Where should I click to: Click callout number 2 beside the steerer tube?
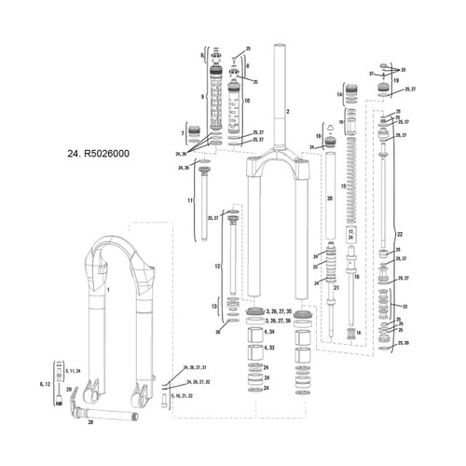[x=289, y=111]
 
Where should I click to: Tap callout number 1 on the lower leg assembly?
[x=109, y=291]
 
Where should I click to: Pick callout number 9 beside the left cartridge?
[x=203, y=97]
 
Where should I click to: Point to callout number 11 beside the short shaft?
[x=191, y=200]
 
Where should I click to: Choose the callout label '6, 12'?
[x=43, y=383]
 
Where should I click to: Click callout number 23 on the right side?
[x=404, y=306]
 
